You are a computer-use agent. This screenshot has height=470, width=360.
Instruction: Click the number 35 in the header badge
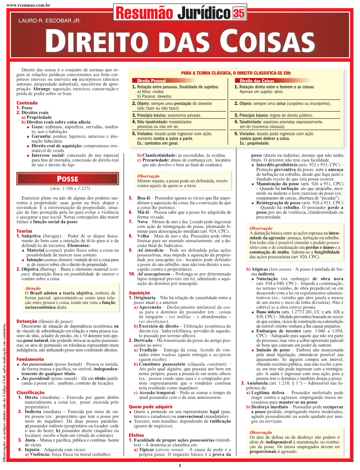(239, 13)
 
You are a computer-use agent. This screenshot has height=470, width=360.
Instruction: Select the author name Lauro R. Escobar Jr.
(49, 20)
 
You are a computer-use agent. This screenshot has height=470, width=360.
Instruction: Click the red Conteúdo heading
(27, 103)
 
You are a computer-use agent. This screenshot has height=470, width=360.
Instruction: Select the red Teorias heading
(24, 231)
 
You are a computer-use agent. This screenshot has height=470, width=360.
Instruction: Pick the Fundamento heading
(29, 359)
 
